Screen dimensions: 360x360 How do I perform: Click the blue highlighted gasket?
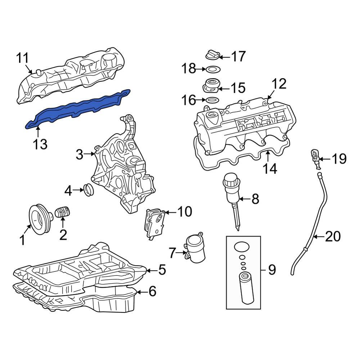coord(76,108)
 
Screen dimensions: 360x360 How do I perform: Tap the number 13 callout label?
coord(40,144)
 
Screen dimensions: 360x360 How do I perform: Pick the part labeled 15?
coord(211,87)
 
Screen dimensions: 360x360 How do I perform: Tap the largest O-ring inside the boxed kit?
coord(242,247)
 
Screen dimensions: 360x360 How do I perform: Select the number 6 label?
coord(153,291)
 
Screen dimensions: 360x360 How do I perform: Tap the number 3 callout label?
coord(80,155)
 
